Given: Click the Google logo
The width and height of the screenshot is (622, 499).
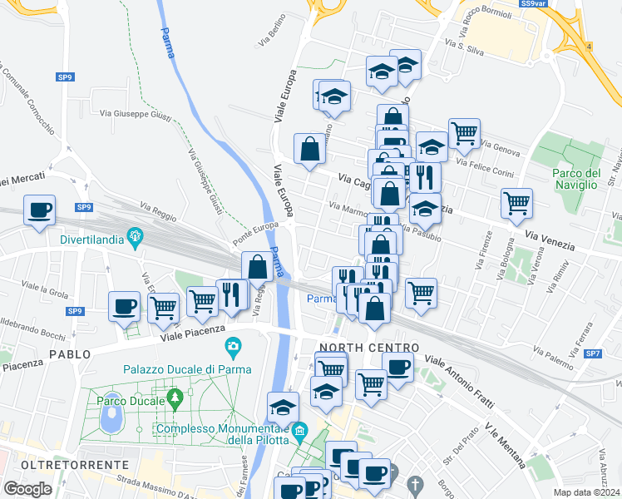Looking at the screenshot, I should [27, 488].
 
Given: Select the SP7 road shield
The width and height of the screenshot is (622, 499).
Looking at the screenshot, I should [593, 354].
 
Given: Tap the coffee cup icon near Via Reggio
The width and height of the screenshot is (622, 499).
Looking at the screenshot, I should [39, 210].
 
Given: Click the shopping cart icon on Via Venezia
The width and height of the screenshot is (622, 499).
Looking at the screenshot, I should [517, 202].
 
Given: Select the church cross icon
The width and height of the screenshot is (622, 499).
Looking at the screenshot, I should [416, 483].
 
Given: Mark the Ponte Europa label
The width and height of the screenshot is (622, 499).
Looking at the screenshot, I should [254, 226].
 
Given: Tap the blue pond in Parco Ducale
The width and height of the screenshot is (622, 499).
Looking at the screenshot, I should [111, 420].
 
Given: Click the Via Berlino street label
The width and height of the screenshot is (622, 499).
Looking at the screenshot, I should [267, 37].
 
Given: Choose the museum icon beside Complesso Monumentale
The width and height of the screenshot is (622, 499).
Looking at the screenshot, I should [300, 431].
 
